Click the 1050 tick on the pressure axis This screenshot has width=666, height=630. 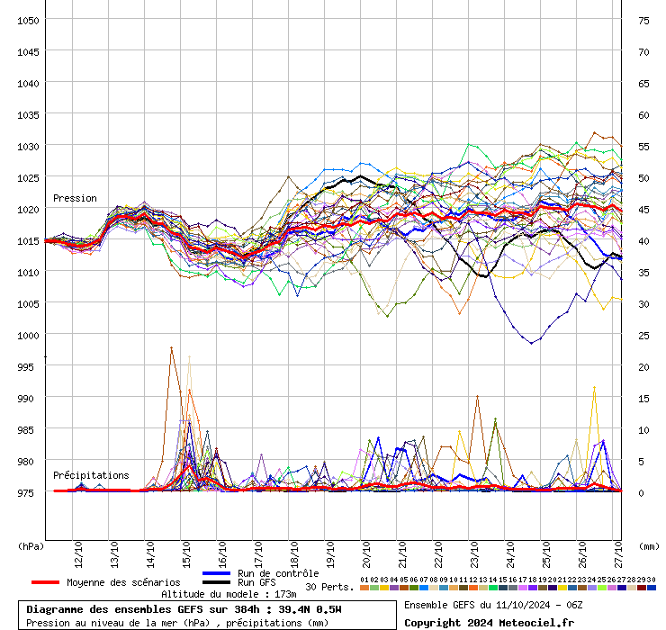pos(28,20)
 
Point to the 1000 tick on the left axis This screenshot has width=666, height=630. pos(28,335)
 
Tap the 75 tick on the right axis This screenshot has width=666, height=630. pos(643,20)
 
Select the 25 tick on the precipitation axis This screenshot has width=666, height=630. pos(643,335)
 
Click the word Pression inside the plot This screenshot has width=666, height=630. pos(75,198)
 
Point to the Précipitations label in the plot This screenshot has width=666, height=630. pos(90,475)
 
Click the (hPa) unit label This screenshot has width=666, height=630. pos(31,545)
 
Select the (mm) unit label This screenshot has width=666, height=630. pos(649,545)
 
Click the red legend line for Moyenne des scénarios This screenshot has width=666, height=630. pos(45,582)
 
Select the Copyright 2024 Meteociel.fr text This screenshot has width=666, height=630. pos(489,622)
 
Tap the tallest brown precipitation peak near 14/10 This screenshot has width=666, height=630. pos(171,347)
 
